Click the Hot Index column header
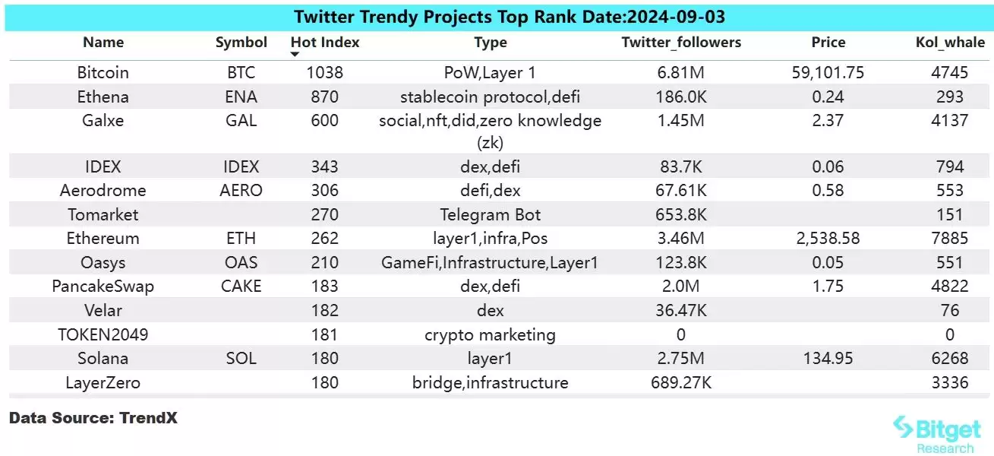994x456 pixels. pos(325,43)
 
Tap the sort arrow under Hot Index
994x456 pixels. pos(295,55)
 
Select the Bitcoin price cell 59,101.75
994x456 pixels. pos(827,73)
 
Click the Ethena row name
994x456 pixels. pos(103,97)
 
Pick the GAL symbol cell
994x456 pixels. pos(241,121)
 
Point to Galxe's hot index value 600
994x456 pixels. pos(325,121)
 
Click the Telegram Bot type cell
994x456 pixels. pos(490,214)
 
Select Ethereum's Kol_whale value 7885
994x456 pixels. pos(949,239)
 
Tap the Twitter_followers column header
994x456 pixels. pos(680,43)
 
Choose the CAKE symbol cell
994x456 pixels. pos(241,286)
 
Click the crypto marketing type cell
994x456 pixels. pos(490,334)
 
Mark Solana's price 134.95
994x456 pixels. pos(827,358)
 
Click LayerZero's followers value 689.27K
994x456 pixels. pos(680,382)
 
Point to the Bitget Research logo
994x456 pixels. pos(936,434)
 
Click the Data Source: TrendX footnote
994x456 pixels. pos(93,417)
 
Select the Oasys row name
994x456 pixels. pos(103,262)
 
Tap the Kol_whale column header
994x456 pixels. pos(949,43)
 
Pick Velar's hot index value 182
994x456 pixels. pos(325,310)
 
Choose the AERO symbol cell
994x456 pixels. pos(241,191)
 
